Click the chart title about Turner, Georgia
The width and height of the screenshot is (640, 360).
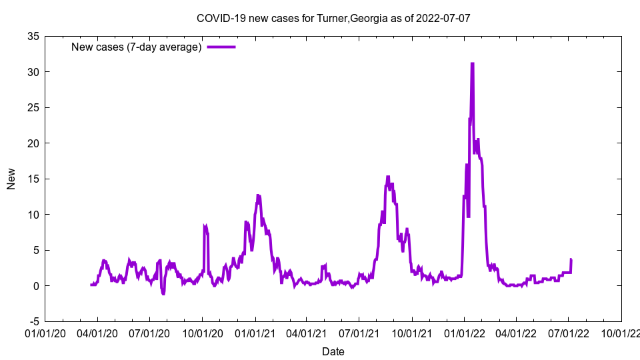tap(333, 18)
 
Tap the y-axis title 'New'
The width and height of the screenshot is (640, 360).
tap(11, 179)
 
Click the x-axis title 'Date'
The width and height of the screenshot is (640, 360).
tap(333, 351)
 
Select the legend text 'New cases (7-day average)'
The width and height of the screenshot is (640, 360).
tap(137, 47)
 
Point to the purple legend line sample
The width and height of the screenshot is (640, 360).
tap(221, 47)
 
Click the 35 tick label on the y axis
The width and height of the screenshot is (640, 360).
tap(33, 36)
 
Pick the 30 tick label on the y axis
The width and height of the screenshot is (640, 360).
tap(33, 72)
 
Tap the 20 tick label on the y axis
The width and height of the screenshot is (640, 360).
tap(33, 143)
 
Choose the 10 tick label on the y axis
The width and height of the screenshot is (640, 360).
tap(33, 215)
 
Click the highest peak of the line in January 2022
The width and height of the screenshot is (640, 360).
tap(472, 63)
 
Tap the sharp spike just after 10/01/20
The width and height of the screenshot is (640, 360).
tap(205, 226)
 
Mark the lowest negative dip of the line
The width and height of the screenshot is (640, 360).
tap(163, 293)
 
